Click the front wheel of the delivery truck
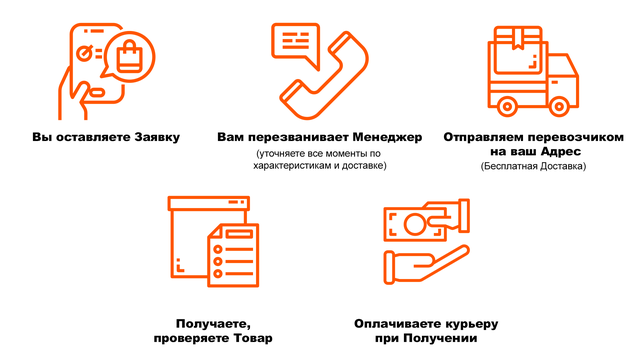559,107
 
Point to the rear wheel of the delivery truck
507,107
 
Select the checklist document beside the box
233,255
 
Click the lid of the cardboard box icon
209,203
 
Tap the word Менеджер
387,137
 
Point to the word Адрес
561,152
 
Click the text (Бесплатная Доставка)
533,166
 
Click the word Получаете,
213,324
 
